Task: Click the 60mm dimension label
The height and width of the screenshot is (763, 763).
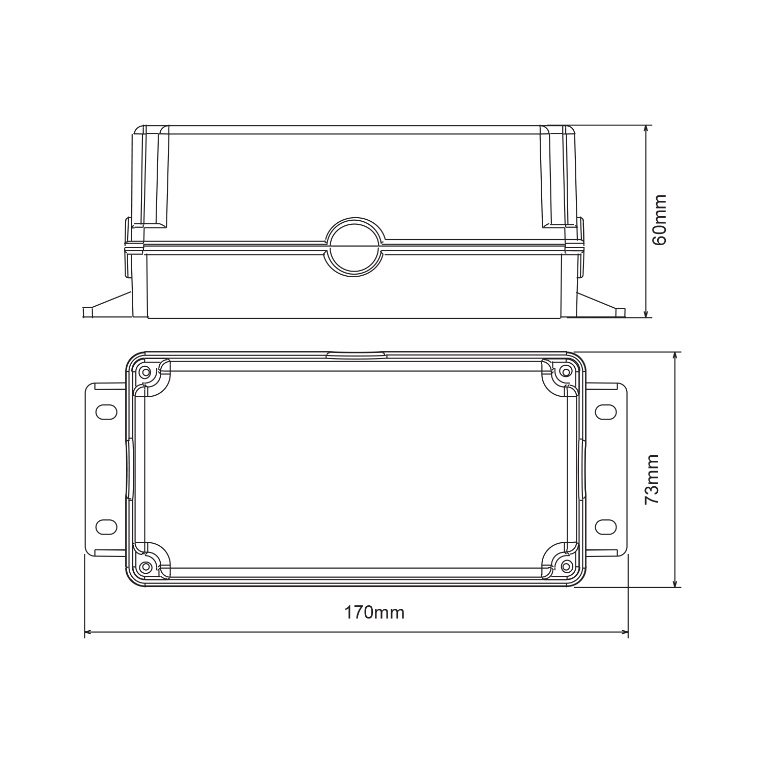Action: tap(660, 220)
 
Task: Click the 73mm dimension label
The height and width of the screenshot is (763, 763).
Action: tap(652, 479)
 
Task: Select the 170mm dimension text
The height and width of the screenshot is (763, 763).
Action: tap(374, 612)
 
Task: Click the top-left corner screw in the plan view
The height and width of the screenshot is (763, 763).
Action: tap(146, 372)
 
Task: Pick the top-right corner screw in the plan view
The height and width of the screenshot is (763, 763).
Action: tap(565, 372)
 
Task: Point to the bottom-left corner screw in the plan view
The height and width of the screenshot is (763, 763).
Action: tap(146, 566)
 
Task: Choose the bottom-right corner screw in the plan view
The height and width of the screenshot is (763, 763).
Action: tap(565, 566)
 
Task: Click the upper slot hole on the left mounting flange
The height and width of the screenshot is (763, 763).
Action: tap(106, 412)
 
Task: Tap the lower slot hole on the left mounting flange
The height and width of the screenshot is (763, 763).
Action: tap(106, 527)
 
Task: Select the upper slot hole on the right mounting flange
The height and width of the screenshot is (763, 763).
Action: tap(605, 412)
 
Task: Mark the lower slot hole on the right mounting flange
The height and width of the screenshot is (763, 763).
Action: tap(605, 527)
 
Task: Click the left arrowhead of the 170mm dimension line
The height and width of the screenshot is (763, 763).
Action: tap(87, 633)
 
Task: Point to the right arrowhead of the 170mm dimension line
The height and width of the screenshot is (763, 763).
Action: tap(625, 633)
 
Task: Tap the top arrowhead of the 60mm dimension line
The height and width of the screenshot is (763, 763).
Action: tap(646, 129)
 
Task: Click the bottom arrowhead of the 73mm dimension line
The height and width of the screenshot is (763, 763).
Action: tap(675, 584)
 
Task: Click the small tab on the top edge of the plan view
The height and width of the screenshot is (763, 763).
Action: tap(356, 355)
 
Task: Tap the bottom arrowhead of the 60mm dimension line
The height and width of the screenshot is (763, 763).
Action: tap(646, 314)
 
